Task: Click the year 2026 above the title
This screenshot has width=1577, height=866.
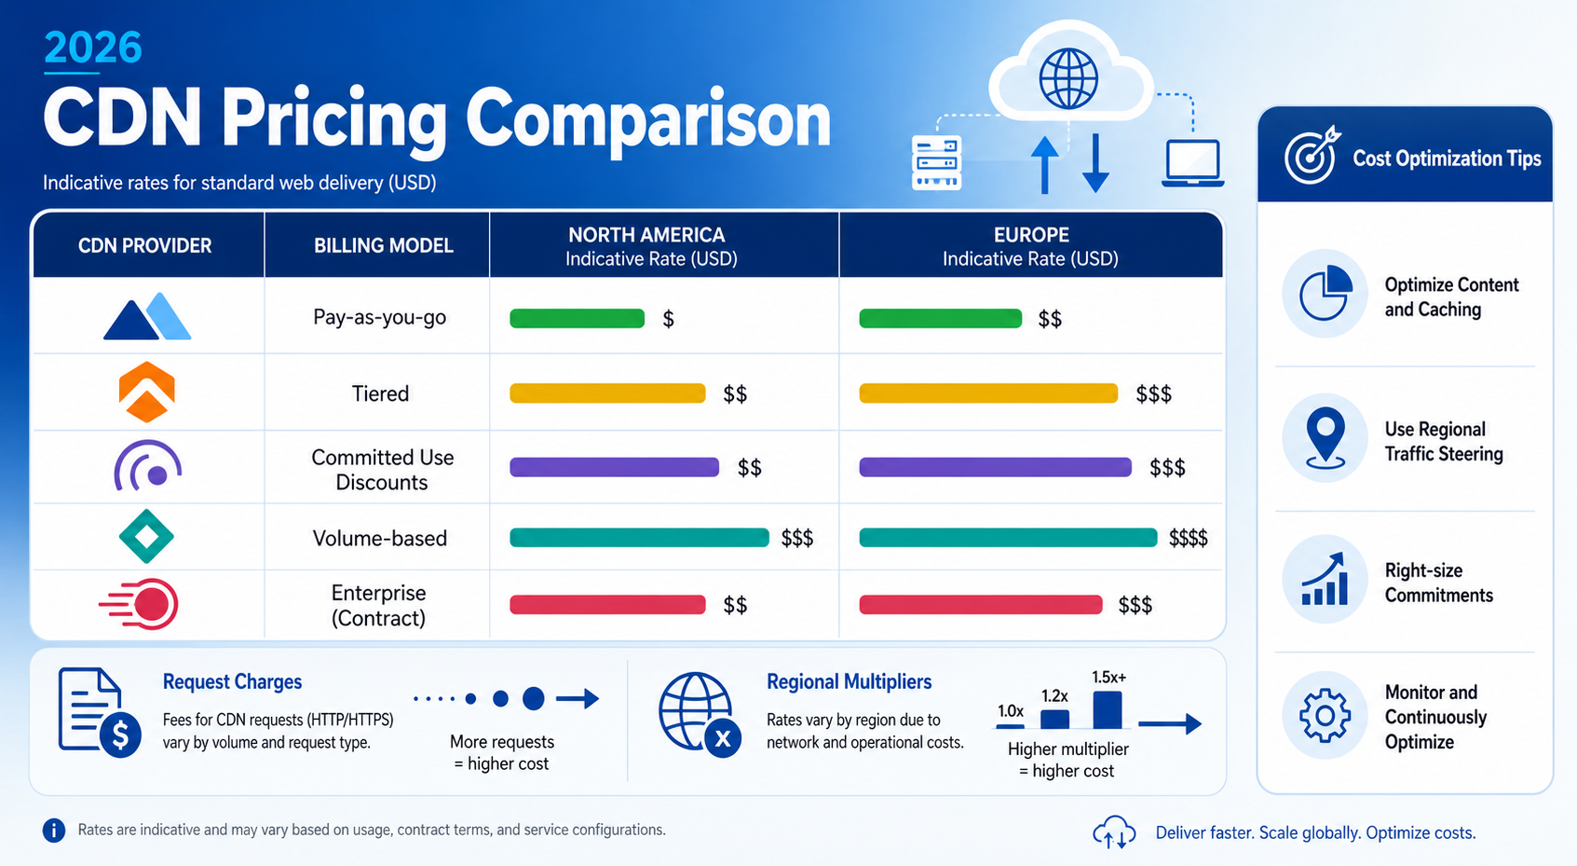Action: (x=93, y=48)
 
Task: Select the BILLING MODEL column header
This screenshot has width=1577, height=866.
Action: (x=384, y=246)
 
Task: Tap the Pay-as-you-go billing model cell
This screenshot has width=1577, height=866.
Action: (x=379, y=317)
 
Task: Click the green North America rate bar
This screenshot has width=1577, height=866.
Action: (x=578, y=319)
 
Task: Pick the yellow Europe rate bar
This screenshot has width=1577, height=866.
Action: (x=988, y=393)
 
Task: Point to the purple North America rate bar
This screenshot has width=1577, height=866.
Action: (x=615, y=467)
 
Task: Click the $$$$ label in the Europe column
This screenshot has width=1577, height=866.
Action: (x=1189, y=539)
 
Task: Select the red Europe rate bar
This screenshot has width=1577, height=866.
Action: (x=981, y=605)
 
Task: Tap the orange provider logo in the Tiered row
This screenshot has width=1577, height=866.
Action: (x=146, y=392)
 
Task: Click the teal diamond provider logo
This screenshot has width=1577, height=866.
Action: (x=146, y=536)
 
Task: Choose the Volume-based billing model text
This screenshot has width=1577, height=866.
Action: (x=380, y=539)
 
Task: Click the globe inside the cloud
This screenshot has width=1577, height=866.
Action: (x=1068, y=78)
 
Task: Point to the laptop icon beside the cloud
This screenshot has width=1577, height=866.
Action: (x=1192, y=163)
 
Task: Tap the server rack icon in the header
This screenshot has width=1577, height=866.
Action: (x=936, y=163)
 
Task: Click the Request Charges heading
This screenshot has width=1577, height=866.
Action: (x=232, y=681)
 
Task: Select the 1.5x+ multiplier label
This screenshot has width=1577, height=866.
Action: (x=1108, y=677)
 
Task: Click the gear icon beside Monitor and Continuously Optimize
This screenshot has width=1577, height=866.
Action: (x=1325, y=716)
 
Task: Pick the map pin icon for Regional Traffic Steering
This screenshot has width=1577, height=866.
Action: (x=1325, y=437)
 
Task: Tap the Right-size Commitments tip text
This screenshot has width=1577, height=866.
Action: (x=1438, y=583)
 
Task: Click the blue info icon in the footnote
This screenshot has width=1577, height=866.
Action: (x=54, y=830)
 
